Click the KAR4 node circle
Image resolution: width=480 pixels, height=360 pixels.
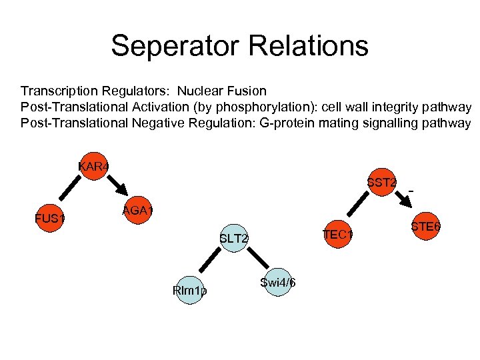[x=93, y=166]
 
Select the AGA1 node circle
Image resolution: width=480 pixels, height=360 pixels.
[x=138, y=212]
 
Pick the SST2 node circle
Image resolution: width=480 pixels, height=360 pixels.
[x=382, y=182]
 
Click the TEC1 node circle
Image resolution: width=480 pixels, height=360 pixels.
[x=337, y=235]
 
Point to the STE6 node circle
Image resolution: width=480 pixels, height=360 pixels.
[x=425, y=227]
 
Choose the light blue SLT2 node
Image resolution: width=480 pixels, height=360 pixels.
[x=234, y=239]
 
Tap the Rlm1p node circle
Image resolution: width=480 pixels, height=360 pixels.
[x=189, y=291]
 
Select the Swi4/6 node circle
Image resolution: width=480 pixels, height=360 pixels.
[x=277, y=283]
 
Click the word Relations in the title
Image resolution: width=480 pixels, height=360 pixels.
[x=315, y=46]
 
